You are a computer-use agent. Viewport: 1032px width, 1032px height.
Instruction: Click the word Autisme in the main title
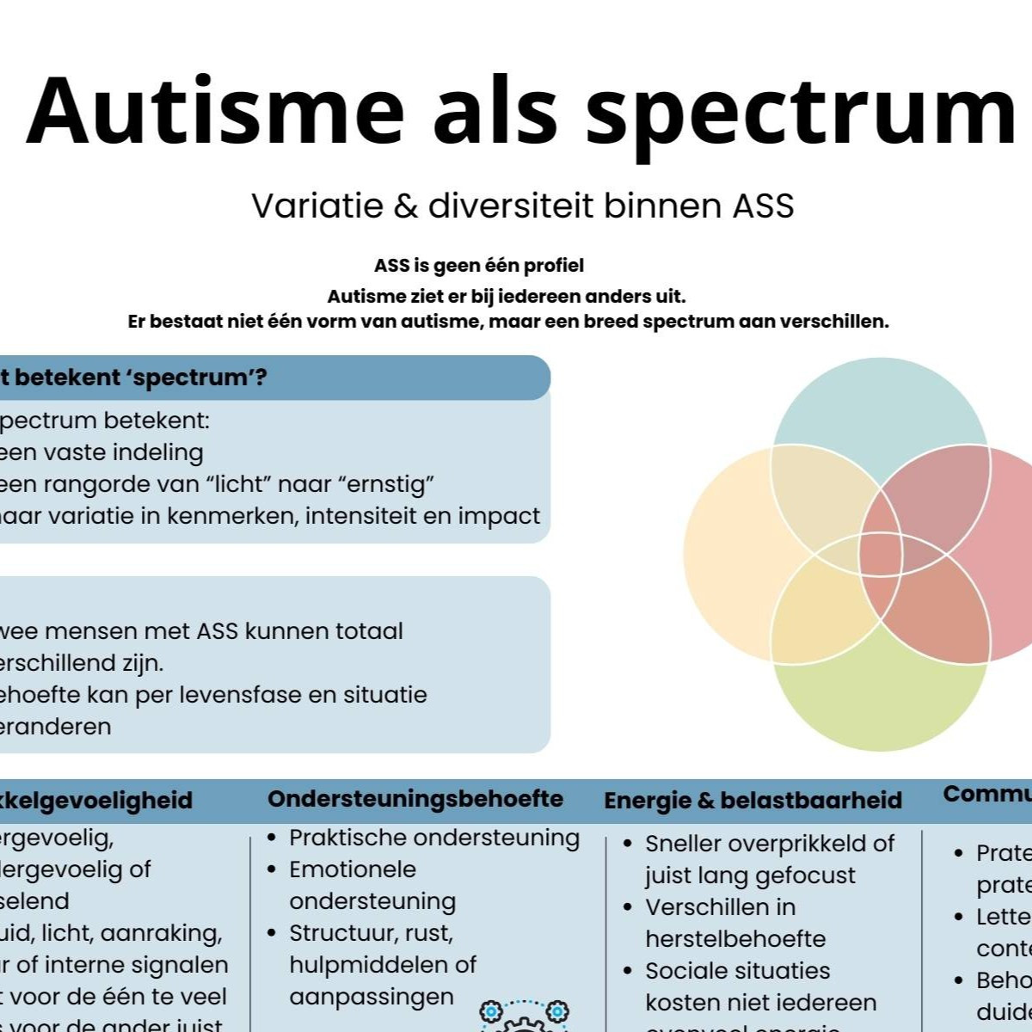coord(215,110)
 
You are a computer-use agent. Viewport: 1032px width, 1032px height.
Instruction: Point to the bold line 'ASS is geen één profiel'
coord(479,266)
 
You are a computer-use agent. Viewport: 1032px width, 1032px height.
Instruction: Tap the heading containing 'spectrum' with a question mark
coord(138,378)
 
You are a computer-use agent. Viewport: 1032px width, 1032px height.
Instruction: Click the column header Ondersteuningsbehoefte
coord(415,799)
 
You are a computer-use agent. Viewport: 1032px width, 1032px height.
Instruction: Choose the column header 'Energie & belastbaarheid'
coord(752,801)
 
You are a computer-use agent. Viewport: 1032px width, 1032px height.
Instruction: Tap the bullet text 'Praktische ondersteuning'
coord(434,838)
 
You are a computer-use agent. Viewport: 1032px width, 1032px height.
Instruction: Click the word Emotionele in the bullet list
coord(353,869)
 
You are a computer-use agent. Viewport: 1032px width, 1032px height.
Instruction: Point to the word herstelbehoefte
coord(735,938)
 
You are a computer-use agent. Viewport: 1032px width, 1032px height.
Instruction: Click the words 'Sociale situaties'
coord(738,971)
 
